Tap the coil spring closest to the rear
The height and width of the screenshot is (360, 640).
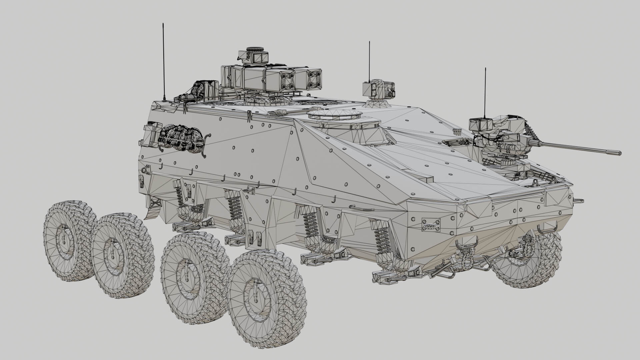point(180,197)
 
